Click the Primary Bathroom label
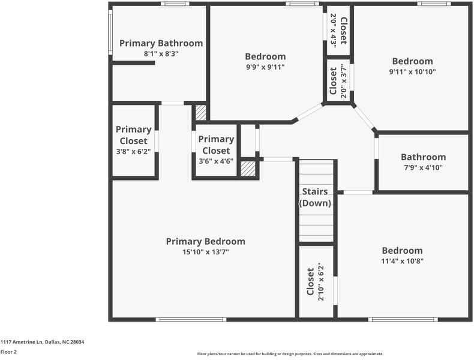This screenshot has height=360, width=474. point(161,43)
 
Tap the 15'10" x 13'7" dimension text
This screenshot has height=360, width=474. point(206,252)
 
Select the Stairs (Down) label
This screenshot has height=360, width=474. point(315,197)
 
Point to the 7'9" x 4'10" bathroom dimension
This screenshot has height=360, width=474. point(423,167)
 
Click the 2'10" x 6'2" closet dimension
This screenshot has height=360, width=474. point(321,281)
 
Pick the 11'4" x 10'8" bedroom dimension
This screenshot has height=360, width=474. point(402,261)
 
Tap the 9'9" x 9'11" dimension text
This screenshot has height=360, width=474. point(265,67)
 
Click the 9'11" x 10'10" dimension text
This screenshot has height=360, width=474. point(412,71)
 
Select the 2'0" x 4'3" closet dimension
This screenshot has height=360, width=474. point(334,31)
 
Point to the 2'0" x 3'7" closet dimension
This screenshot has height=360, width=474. point(343,81)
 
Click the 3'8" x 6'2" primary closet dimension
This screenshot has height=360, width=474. point(133,151)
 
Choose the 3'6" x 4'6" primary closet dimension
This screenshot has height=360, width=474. point(216,161)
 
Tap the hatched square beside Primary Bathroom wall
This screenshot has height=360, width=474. point(201,112)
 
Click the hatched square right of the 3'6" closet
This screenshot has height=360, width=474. point(248,169)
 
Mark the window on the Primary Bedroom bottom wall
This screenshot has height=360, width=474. point(191,319)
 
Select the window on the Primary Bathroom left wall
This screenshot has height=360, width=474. point(110,32)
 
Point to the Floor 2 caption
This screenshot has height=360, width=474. point(8,352)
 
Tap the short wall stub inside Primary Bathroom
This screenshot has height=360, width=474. point(134,63)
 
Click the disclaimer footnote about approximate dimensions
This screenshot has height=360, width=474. point(290,353)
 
